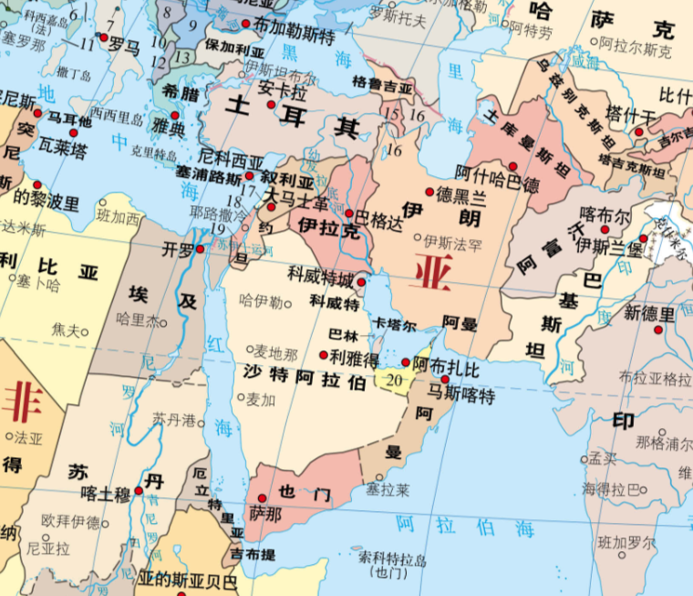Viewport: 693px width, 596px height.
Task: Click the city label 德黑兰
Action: click(x=461, y=193)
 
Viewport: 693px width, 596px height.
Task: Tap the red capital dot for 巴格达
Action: click(x=348, y=214)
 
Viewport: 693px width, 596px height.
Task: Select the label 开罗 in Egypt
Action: click(x=177, y=248)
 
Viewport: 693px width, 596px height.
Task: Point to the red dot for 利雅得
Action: click(x=324, y=354)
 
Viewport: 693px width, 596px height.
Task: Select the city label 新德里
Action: click(x=649, y=314)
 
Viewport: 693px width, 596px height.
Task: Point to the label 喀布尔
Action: click(x=605, y=215)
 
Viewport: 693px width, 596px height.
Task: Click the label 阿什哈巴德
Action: click(x=493, y=171)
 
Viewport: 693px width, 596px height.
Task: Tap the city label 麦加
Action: click(x=260, y=398)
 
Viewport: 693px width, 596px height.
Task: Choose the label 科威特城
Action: click(x=320, y=274)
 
